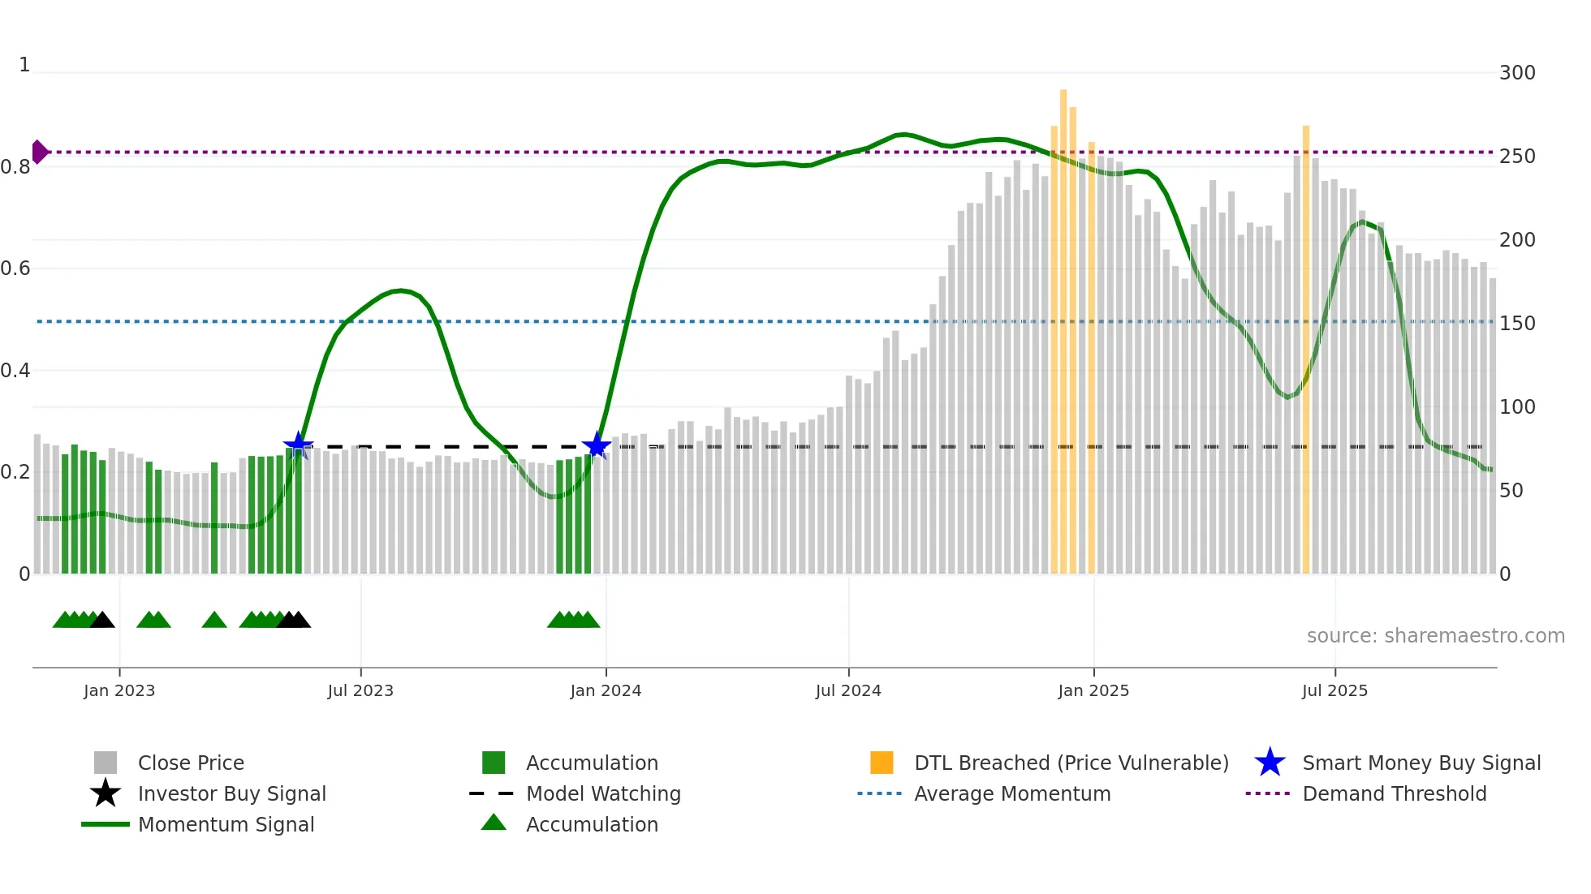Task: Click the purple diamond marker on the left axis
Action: [39, 152]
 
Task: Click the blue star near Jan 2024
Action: [597, 445]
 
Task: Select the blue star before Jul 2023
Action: [298, 445]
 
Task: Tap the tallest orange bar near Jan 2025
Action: [1063, 325]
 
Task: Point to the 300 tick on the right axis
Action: [1516, 73]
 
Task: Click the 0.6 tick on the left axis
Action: [16, 269]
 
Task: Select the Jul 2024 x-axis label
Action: [848, 690]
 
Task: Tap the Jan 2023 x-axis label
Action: [119, 690]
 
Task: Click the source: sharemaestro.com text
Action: [1435, 636]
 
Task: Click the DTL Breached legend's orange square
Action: [882, 763]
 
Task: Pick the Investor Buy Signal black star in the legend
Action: [106, 793]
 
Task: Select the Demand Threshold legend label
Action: [1394, 793]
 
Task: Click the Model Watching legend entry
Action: [602, 793]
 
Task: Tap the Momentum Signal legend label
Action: [226, 824]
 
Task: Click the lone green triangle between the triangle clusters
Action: [214, 620]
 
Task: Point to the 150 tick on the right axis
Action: [1516, 324]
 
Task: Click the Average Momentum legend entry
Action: [1011, 793]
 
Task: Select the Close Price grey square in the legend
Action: [106, 763]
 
